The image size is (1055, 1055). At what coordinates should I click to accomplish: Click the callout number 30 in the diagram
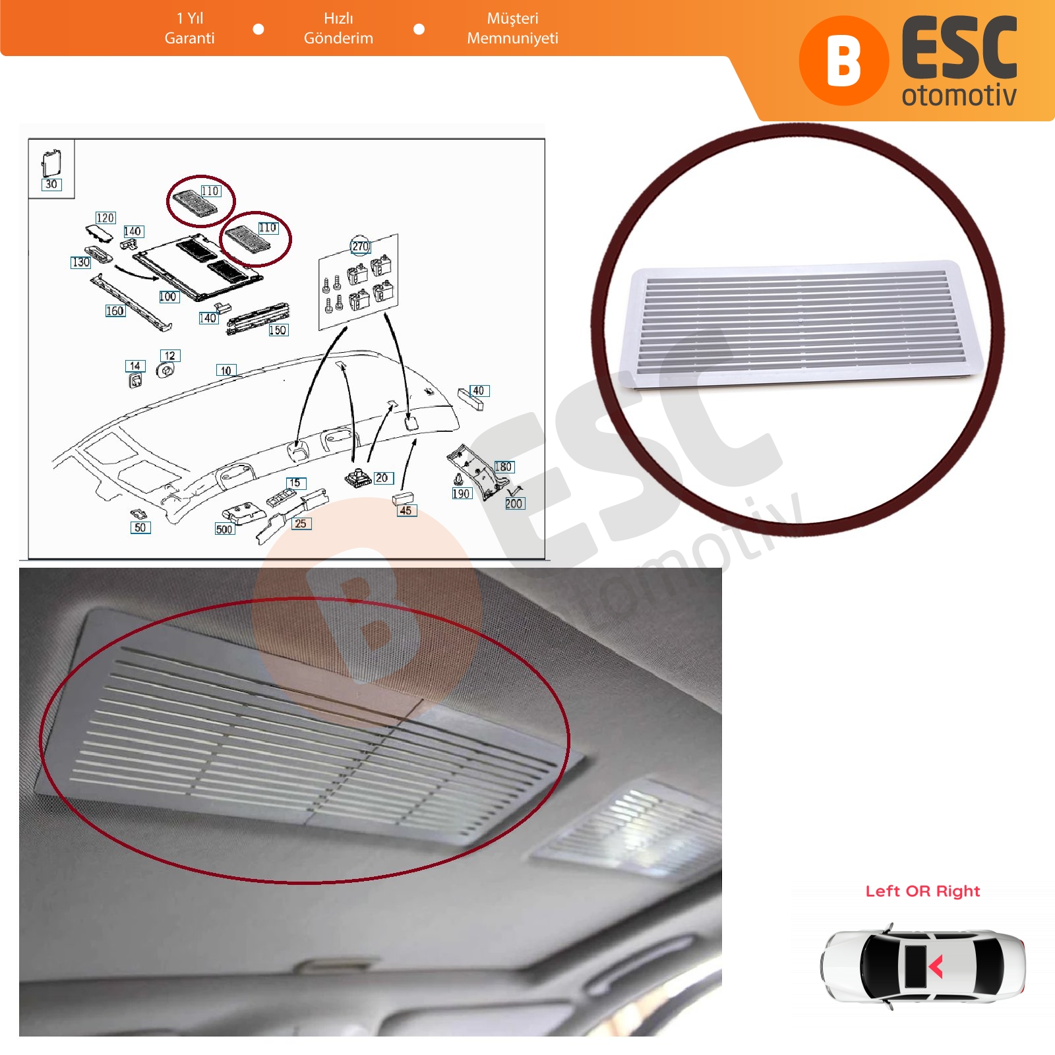point(51,185)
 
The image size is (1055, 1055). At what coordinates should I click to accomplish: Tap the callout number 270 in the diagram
point(360,246)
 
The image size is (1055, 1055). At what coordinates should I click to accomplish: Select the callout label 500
point(224,529)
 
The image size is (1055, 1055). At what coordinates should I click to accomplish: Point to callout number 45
point(406,510)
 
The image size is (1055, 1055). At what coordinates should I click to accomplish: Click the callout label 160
point(115,311)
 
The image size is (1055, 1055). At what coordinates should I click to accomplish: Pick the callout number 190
point(461,493)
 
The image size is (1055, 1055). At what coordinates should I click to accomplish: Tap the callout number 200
point(514,503)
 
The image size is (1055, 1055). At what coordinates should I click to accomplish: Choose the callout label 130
point(80,262)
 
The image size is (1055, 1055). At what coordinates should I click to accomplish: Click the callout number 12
point(170,355)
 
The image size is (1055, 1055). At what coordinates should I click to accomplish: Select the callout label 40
point(479,390)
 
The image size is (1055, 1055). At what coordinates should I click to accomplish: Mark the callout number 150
point(278,330)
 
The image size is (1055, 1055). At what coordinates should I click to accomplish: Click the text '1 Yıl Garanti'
point(190,28)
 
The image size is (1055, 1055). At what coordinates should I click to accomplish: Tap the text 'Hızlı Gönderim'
point(338,28)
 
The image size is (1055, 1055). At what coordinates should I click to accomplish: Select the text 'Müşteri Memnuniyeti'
point(512,28)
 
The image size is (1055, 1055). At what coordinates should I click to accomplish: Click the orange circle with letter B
point(844,61)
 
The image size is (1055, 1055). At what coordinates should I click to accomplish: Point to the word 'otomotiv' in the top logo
point(959,96)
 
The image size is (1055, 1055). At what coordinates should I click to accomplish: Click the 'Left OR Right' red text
point(922,891)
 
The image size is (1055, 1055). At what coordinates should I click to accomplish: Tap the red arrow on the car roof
point(936,967)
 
